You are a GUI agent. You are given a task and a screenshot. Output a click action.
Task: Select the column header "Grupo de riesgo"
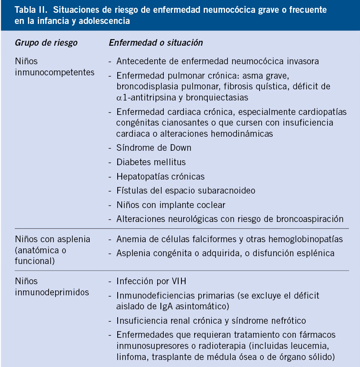point(46,43)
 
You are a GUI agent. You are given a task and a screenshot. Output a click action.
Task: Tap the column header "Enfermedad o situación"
point(156,43)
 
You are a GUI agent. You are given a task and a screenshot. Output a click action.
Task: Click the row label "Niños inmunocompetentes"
point(54,67)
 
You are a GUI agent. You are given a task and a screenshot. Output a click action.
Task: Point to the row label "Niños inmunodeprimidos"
point(52,287)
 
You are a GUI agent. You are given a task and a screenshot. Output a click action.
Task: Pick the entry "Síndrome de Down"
point(153,147)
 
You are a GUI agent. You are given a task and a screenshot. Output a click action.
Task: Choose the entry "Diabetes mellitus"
point(151,162)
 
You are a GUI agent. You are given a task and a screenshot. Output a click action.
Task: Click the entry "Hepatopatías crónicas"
point(160,176)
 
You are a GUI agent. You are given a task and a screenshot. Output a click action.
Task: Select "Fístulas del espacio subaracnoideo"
point(186,190)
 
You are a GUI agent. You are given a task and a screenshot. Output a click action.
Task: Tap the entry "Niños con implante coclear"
point(171,205)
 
